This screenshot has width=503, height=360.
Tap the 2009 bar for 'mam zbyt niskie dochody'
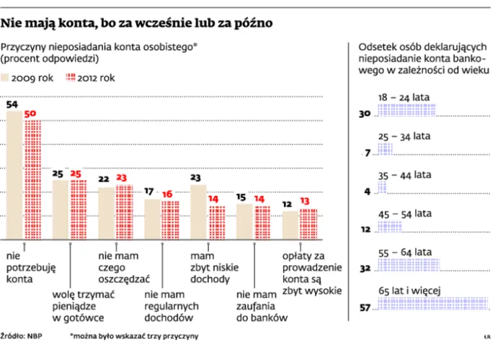(x=198, y=212)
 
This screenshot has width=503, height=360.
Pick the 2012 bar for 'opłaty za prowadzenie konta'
(x=308, y=225)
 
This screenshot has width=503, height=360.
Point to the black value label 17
(x=150, y=192)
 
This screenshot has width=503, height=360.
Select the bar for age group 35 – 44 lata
(x=382, y=190)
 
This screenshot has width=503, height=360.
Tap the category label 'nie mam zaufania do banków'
(x=257, y=305)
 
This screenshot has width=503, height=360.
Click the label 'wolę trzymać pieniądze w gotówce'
(x=80, y=305)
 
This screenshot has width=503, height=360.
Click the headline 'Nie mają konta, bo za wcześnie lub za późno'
(x=137, y=23)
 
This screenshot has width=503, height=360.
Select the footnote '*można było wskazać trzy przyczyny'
(x=134, y=336)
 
